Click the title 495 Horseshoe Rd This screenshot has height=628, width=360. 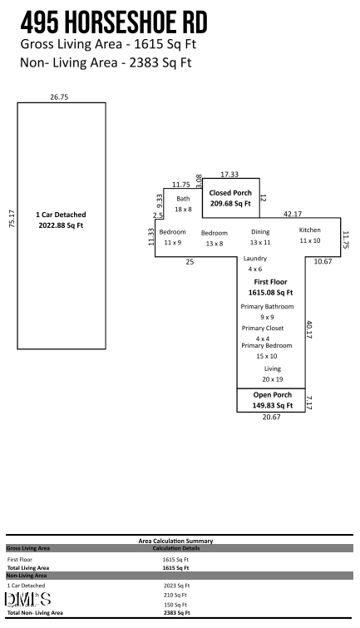[114, 21]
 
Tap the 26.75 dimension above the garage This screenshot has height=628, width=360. [58, 97]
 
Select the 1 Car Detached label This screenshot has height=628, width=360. [59, 220]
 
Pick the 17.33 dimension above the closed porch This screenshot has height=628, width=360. [230, 174]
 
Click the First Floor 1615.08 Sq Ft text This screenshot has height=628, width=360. [273, 288]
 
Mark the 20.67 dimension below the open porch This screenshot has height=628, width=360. [272, 418]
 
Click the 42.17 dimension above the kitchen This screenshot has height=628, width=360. [293, 213]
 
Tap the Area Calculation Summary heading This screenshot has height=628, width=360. [175, 541]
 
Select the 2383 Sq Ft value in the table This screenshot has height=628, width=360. [175, 612]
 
